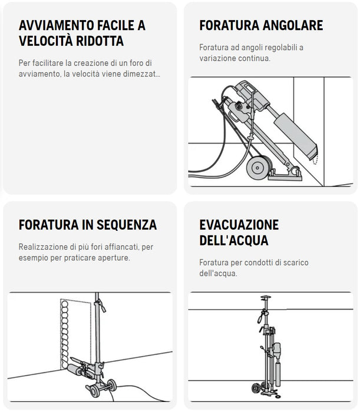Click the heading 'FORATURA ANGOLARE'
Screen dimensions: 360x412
pos(261,25)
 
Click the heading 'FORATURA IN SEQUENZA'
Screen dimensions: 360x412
pos(88,225)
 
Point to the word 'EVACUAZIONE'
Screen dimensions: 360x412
pos(239,225)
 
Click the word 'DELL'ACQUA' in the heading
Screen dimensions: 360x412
pos(234,240)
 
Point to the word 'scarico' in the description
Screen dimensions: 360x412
pos(296,263)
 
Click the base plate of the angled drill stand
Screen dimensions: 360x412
pos(285,175)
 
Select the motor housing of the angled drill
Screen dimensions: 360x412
pos(251,96)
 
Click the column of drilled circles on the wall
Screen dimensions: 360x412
pos(65,334)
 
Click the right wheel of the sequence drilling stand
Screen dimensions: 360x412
pos(111,385)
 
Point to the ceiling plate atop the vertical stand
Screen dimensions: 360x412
pos(266,297)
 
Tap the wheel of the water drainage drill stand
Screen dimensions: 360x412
pos(255,388)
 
